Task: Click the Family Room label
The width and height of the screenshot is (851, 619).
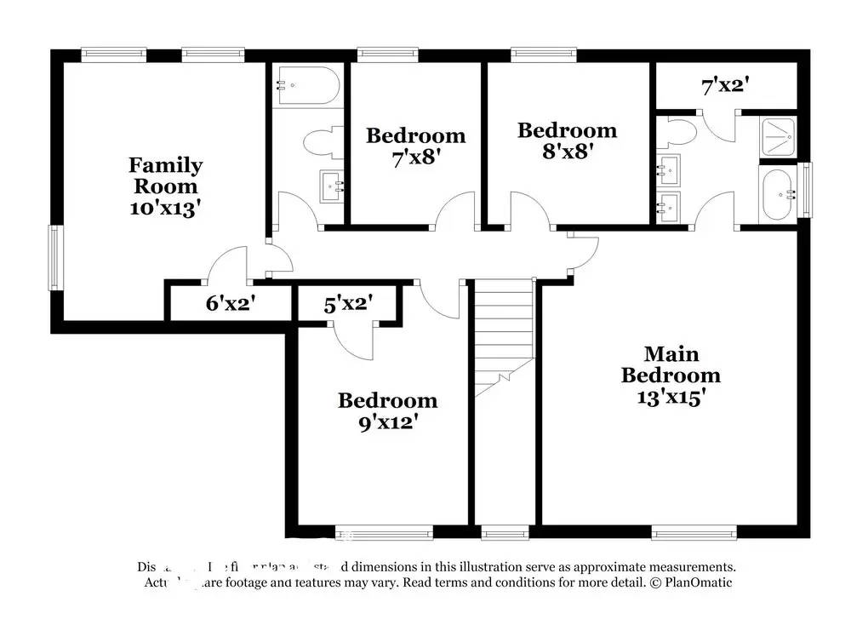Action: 165,175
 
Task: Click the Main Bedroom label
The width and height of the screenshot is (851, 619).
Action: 671,364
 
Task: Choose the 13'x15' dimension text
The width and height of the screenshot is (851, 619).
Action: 671,397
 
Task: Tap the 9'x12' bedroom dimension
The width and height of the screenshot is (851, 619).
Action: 387,421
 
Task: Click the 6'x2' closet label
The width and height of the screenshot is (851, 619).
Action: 231,302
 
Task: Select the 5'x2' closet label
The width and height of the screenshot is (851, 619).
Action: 348,302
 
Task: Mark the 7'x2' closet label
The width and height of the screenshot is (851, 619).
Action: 725,86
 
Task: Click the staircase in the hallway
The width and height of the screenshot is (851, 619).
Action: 502,336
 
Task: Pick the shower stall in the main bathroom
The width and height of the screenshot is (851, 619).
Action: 778,135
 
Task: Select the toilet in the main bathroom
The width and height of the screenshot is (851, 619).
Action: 681,133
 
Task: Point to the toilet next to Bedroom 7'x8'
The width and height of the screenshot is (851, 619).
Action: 324,143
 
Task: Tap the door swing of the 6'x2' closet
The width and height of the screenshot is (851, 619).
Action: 226,264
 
